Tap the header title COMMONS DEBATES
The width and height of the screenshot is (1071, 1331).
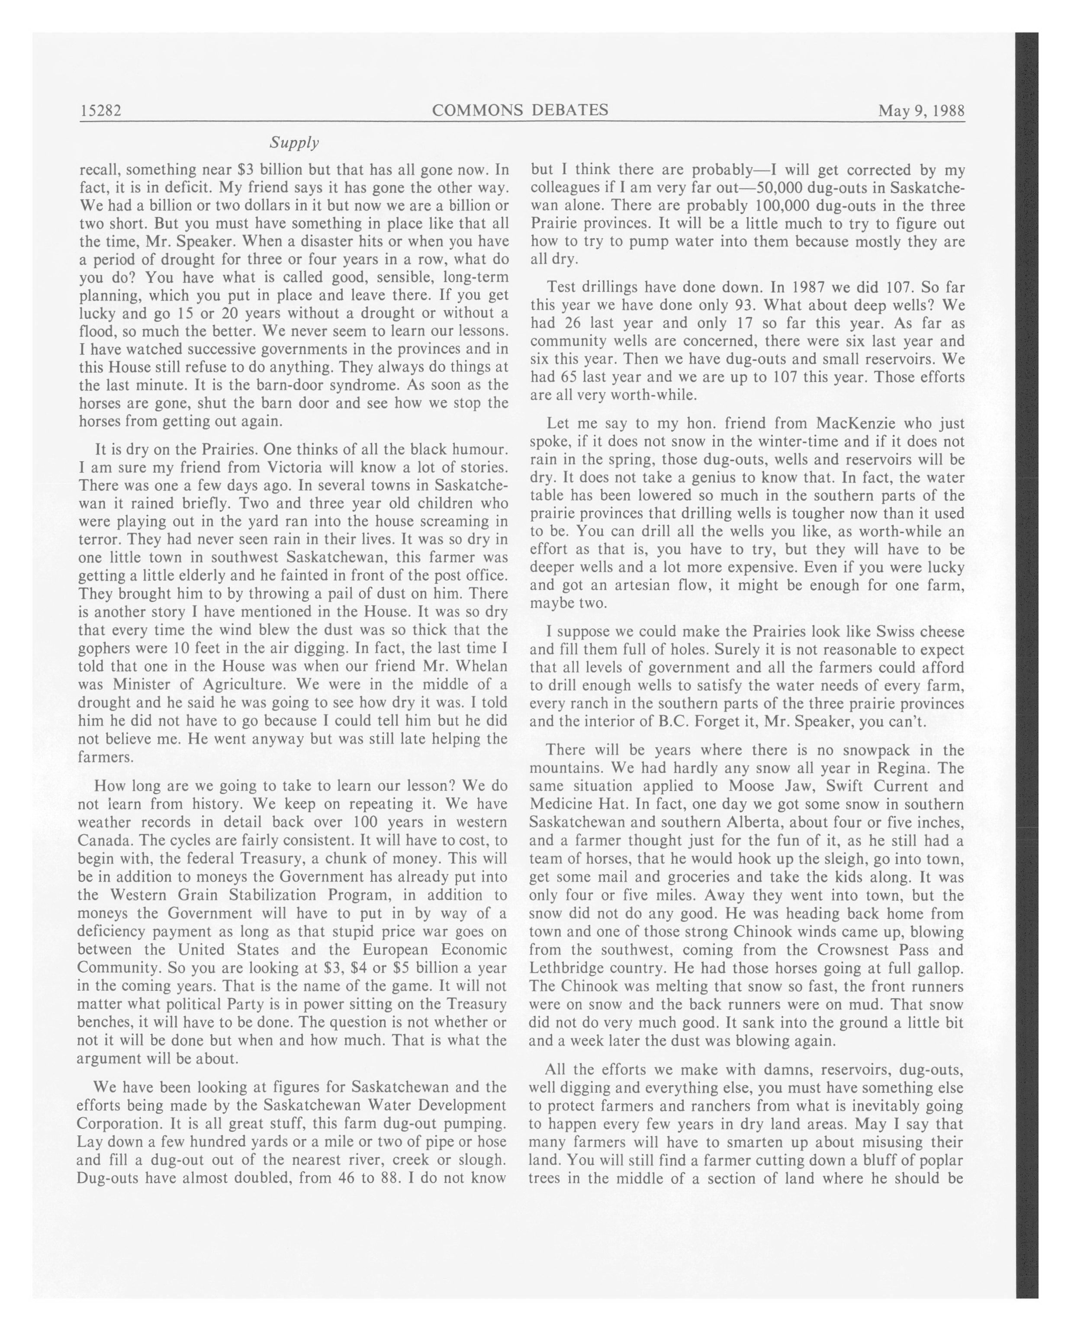coord(520,110)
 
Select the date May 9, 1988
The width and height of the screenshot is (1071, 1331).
coord(921,111)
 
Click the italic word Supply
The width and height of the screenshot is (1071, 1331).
coord(294,143)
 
